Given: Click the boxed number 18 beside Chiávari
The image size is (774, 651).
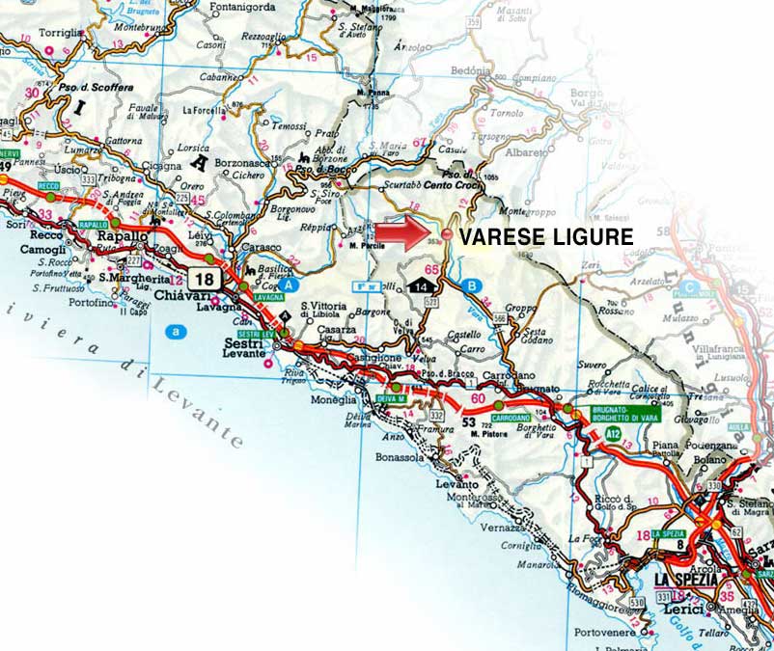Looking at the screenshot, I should [x=203, y=278].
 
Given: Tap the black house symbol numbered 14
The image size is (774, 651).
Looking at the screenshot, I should [x=422, y=286].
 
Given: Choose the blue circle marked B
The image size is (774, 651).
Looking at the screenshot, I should [x=470, y=285].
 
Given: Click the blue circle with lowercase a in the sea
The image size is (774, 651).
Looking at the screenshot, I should [x=175, y=332].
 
